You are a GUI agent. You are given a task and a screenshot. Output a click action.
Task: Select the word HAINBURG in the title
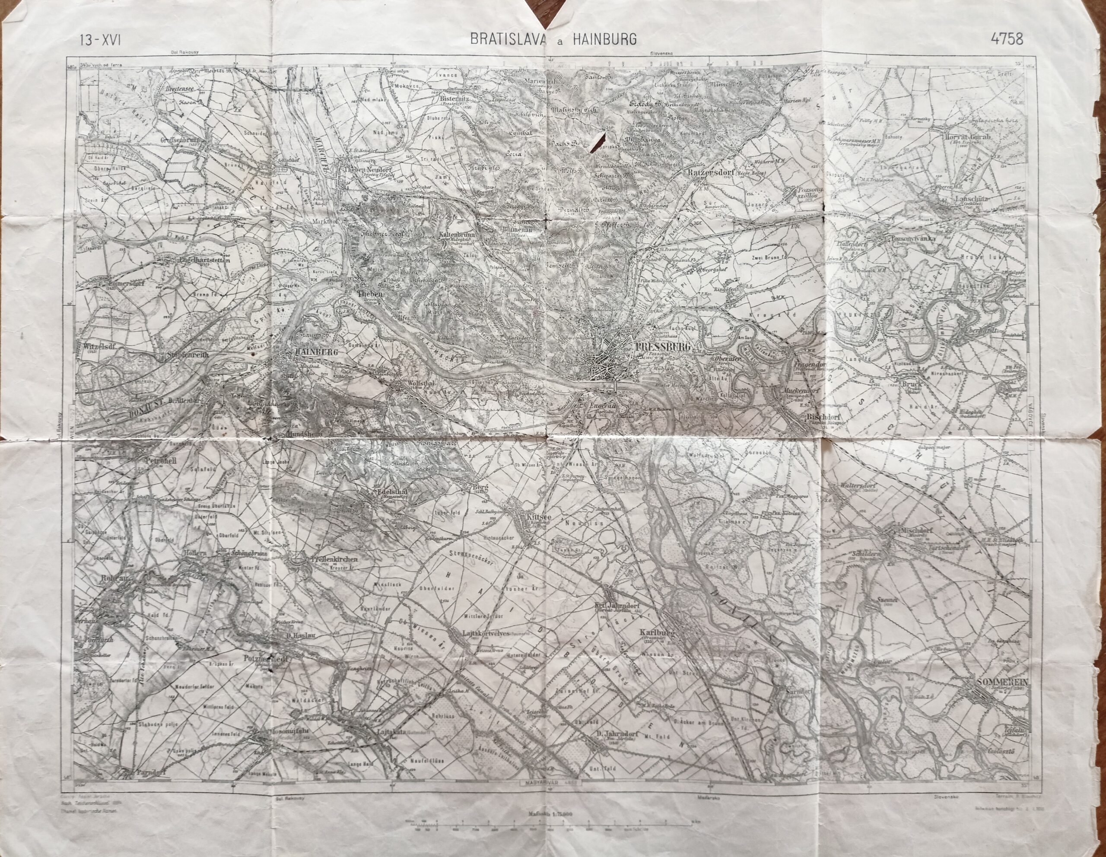604,39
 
